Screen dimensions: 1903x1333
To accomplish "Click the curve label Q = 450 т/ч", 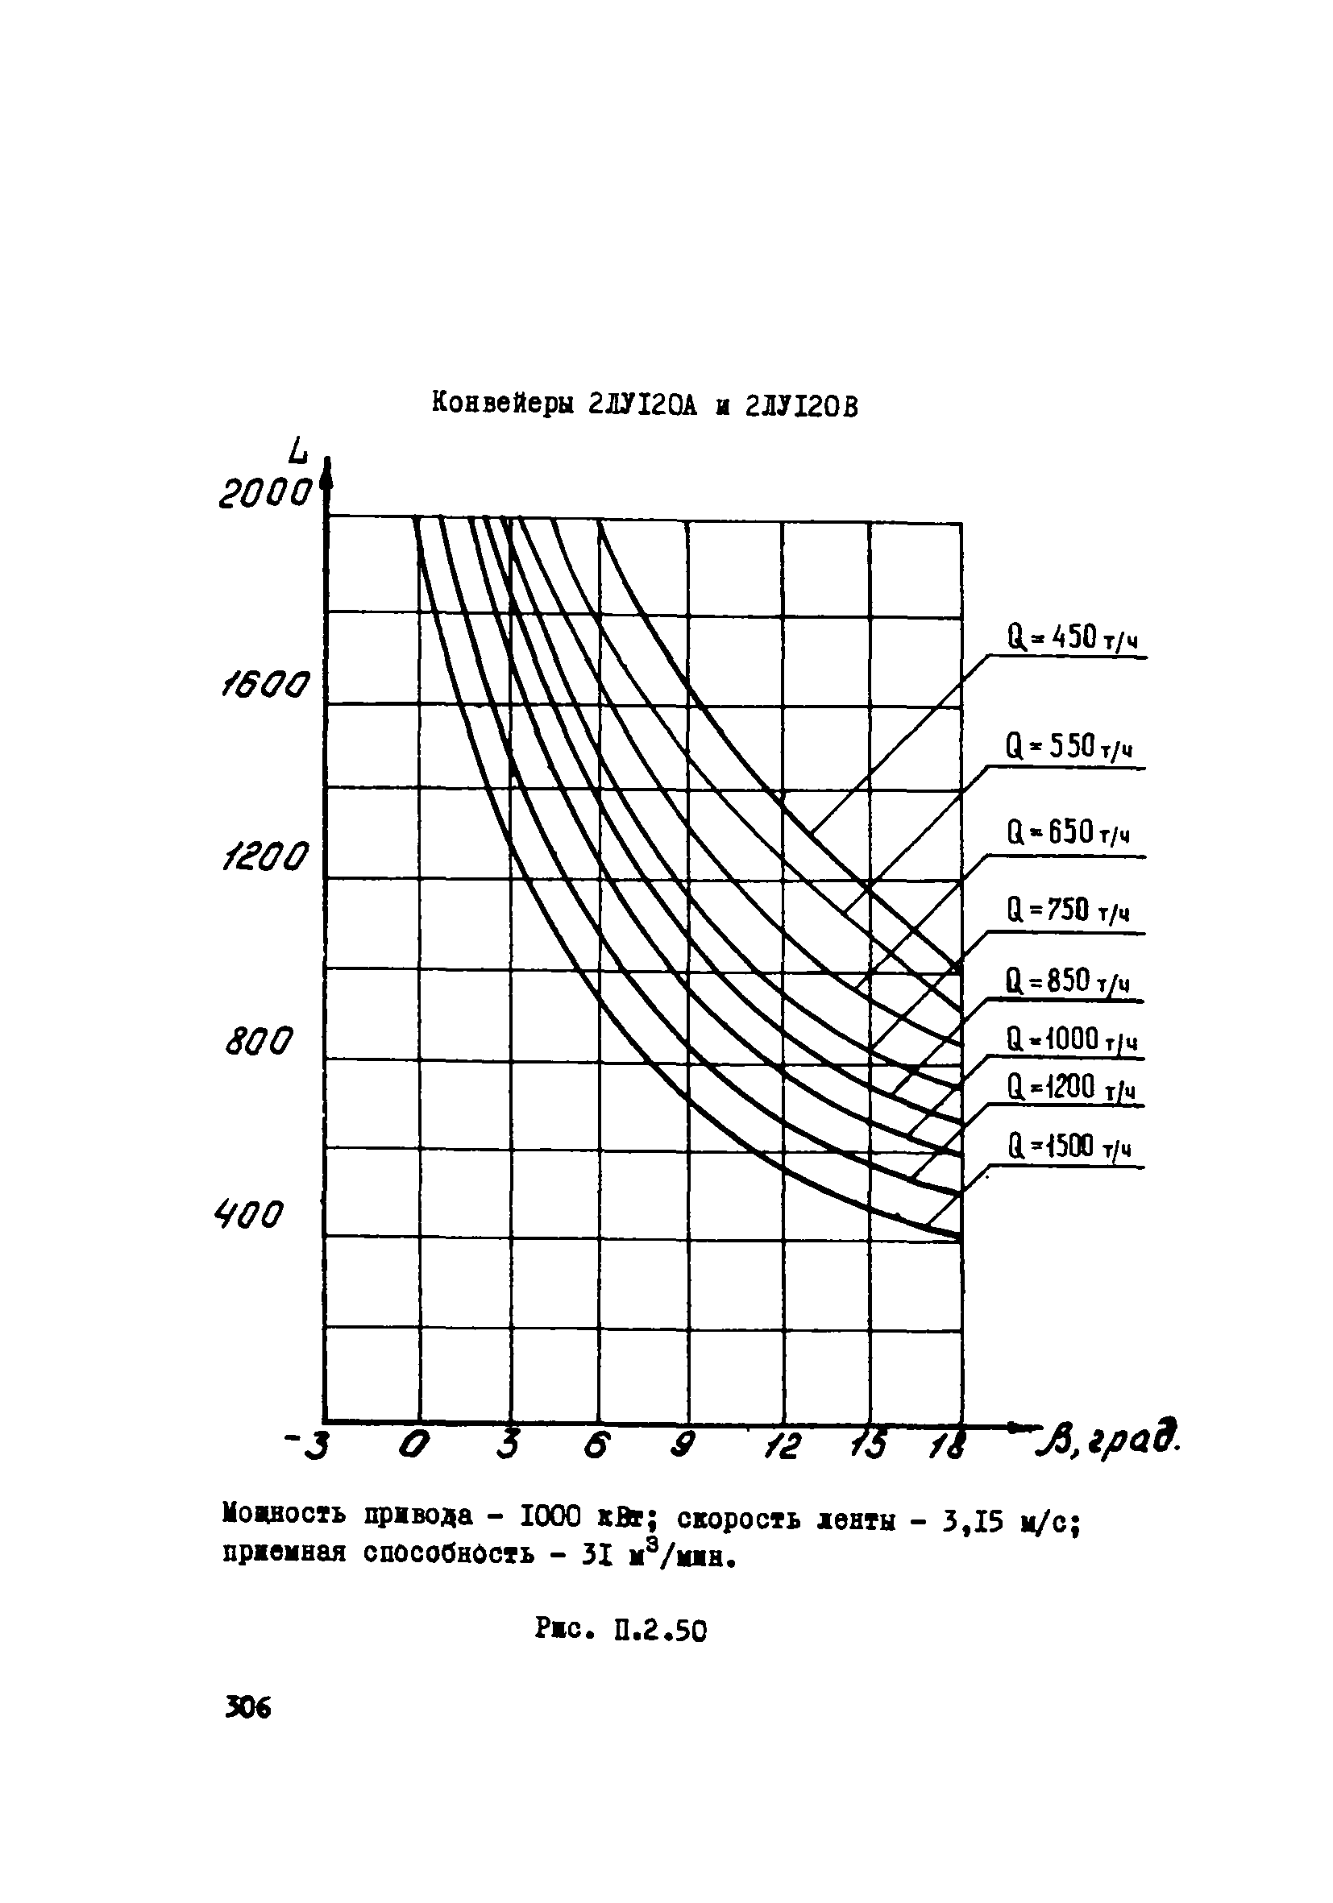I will coord(1070,638).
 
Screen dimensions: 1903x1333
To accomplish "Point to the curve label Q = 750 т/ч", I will coord(1069,912).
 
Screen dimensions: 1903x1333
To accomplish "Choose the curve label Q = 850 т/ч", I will coord(1068,982).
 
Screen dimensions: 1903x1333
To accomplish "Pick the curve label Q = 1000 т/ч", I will coord(1071,1039).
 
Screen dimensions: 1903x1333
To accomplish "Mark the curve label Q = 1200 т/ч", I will coord(1070,1087).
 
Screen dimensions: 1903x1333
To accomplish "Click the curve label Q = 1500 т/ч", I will coord(1069,1147).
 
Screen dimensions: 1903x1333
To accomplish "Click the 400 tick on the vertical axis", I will coord(248,1216).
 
